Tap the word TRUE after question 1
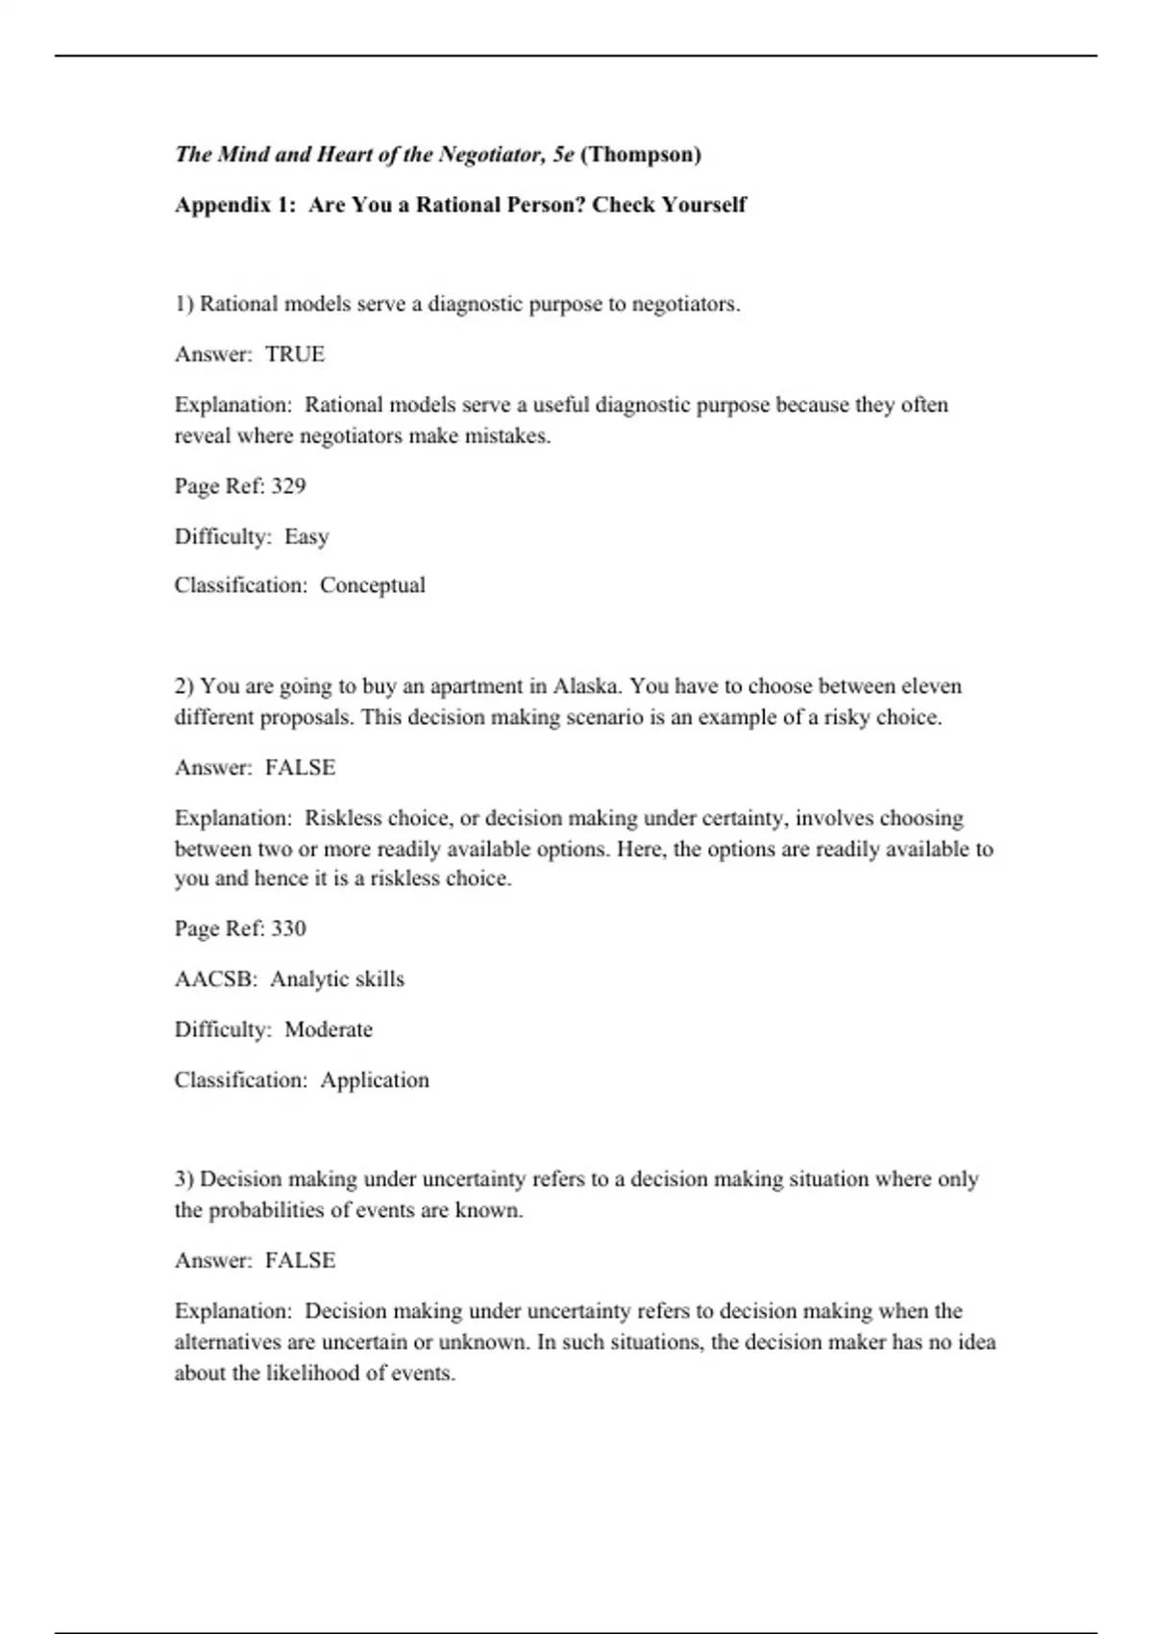(295, 355)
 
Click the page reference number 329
(288, 486)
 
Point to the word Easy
(307, 536)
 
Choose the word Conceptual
(373, 585)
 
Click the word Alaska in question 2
(587, 686)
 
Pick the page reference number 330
(288, 928)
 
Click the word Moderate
(329, 1029)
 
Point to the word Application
(375, 1080)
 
